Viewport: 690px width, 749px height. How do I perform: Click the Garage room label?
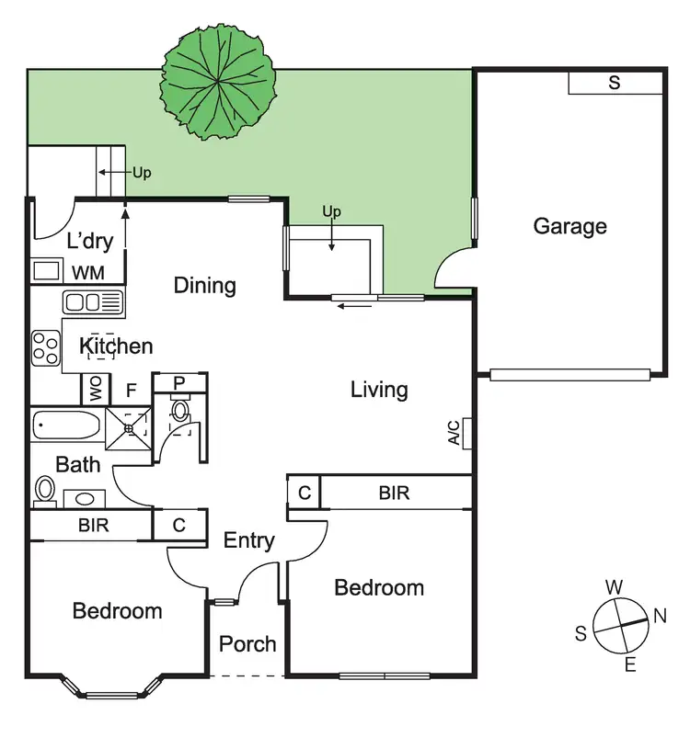click(569, 226)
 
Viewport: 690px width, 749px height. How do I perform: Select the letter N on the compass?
click(660, 617)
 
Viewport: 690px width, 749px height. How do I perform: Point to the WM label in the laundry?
click(88, 272)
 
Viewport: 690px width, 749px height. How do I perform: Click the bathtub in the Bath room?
click(65, 426)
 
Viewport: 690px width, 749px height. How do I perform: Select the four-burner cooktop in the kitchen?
click(45, 346)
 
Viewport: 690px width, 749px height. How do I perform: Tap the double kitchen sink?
click(92, 301)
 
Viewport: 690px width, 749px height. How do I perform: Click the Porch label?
click(247, 644)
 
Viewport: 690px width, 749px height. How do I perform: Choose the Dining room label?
click(205, 286)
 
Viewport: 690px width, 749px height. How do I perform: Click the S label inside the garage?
click(615, 83)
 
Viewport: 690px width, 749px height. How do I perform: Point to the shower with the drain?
click(128, 426)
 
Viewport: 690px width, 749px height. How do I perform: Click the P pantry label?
click(179, 382)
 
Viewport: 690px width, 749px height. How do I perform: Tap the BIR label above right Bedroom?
click(394, 494)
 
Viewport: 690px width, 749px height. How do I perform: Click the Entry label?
click(249, 540)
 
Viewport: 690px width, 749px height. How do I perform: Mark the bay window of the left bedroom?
click(111, 689)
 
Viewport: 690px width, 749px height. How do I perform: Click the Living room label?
click(379, 390)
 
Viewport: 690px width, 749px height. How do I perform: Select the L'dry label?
click(90, 242)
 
